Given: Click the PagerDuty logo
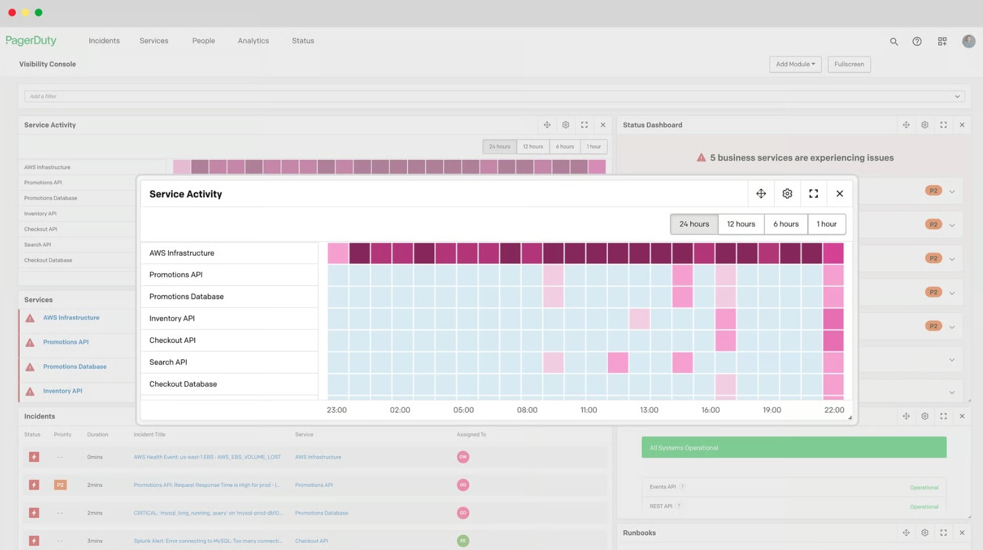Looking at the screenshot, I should [x=31, y=41].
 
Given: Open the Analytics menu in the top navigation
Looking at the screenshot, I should [x=253, y=41].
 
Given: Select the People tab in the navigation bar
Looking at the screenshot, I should [x=203, y=41].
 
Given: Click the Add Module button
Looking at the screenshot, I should [x=795, y=64].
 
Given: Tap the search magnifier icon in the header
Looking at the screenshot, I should [x=893, y=41].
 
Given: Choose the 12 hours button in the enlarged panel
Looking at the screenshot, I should [x=741, y=224].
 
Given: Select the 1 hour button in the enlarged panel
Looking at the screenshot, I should [x=826, y=224].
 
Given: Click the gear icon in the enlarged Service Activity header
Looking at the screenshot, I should [x=787, y=194].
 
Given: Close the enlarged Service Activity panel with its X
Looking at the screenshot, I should [x=839, y=194].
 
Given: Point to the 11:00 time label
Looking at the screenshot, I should [x=588, y=410].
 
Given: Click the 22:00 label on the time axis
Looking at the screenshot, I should [x=834, y=410].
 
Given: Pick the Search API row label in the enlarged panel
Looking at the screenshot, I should [x=168, y=362].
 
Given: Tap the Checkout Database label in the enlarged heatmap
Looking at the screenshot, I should [x=183, y=384].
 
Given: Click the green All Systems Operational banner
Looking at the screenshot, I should [x=793, y=448].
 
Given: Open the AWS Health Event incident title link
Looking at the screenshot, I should [x=207, y=457].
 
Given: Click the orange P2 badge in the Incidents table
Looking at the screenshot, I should [x=60, y=485].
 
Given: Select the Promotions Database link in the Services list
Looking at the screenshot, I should [x=74, y=367].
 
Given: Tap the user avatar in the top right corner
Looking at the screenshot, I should [x=968, y=41].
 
